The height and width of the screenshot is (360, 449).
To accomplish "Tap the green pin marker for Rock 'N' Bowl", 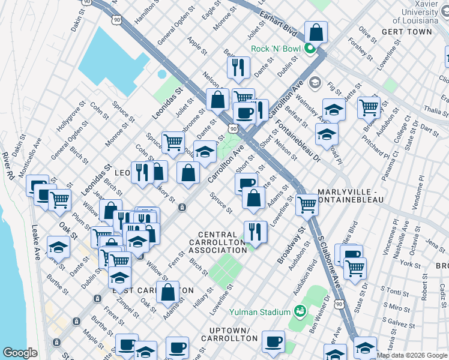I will (x=310, y=49).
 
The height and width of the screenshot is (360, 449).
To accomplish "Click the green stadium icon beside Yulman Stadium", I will (x=299, y=311).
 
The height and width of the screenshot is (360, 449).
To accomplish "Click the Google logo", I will (x=20, y=353).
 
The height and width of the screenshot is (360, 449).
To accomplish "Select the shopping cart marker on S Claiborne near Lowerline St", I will (x=307, y=204).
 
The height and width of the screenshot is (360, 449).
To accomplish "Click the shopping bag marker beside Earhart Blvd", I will (x=315, y=32).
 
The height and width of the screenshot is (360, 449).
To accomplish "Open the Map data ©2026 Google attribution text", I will (x=411, y=355).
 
